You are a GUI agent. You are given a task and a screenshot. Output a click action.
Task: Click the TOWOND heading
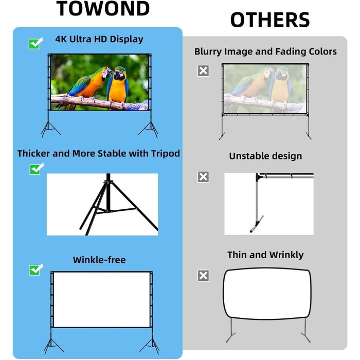(103, 9)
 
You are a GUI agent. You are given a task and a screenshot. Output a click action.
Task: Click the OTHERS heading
(269, 20)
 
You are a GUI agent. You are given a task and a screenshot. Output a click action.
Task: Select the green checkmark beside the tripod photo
(35, 168)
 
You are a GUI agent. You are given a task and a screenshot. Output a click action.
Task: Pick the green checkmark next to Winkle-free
(35, 268)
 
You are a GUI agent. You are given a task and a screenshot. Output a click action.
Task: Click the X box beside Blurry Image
(204, 71)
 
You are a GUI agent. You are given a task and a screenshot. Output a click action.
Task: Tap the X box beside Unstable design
(204, 177)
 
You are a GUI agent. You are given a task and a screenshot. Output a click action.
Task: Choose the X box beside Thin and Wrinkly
(204, 276)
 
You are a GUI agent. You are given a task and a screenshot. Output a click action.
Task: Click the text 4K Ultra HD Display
(99, 39)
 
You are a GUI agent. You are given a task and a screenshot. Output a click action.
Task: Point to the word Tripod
(164, 153)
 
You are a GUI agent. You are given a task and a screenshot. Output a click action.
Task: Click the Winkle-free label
(99, 260)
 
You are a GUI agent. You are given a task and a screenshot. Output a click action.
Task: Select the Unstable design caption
(265, 156)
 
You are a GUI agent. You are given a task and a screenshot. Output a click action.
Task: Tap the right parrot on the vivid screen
(119, 84)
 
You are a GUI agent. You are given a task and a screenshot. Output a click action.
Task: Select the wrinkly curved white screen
(266, 295)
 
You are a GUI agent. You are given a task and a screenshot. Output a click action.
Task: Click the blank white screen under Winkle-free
(101, 299)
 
